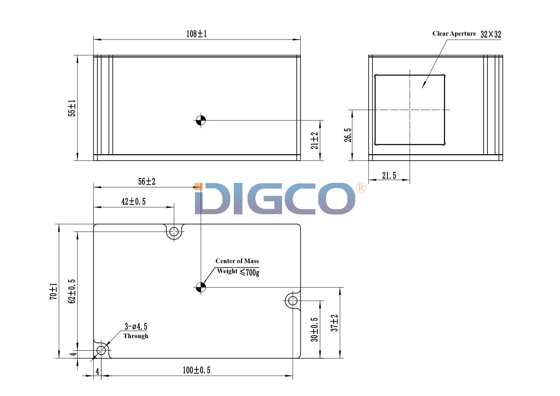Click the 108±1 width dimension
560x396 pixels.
196,34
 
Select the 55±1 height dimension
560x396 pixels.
72,108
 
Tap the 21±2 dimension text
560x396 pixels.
315,141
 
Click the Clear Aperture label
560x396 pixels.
454,34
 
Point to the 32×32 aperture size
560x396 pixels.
490,34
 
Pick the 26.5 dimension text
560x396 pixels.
347,135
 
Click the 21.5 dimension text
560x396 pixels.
389,176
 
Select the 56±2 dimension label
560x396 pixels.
147,182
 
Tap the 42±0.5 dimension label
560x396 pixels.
133,202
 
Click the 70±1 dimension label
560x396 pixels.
53,291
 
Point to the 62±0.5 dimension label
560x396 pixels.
72,291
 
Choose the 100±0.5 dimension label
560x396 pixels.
196,370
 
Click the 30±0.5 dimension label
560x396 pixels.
315,330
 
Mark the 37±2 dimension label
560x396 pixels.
334,323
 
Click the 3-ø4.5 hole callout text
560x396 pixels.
136,327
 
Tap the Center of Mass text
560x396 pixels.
237,261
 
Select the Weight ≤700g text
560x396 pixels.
238,272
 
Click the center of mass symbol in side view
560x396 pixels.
201,120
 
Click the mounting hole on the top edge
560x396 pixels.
174,231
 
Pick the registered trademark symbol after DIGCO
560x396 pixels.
361,188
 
